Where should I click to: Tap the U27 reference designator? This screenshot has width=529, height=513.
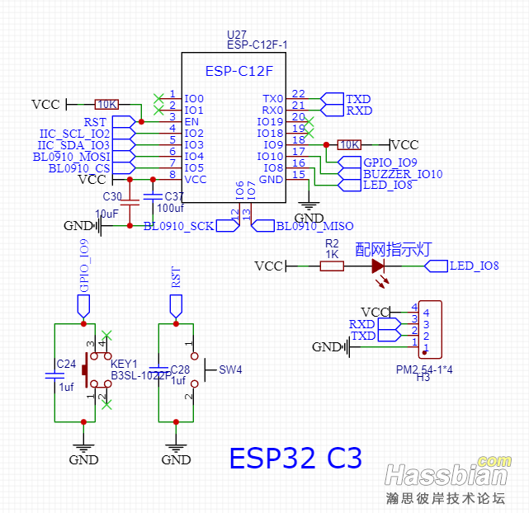pyautogui.click(x=237, y=35)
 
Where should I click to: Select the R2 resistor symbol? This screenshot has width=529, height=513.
pyautogui.click(x=332, y=266)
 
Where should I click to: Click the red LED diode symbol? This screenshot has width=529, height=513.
pyautogui.click(x=378, y=266)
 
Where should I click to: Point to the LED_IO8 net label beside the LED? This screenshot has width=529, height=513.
pyautogui.click(x=473, y=266)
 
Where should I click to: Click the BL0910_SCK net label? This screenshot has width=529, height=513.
pyautogui.click(x=179, y=225)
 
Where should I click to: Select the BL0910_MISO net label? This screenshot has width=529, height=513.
pyautogui.click(x=314, y=225)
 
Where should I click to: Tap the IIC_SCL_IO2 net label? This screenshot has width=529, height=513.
pyautogui.click(x=74, y=133)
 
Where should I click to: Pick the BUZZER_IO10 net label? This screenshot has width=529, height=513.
pyautogui.click(x=403, y=174)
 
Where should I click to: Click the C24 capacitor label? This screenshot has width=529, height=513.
pyautogui.click(x=66, y=364)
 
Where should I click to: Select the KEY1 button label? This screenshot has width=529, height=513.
pyautogui.click(x=124, y=364)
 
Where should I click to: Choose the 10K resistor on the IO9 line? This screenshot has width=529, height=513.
pyautogui.click(x=350, y=144)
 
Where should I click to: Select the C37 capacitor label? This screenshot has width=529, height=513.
pyautogui.click(x=174, y=196)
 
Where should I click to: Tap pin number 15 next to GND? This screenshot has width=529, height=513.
pyautogui.click(x=299, y=174)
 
